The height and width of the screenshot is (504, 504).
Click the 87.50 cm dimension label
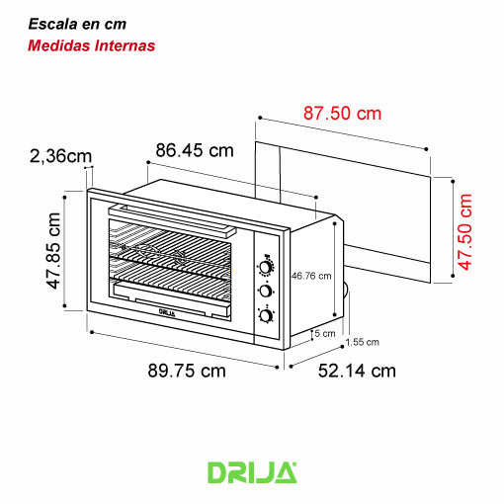342,114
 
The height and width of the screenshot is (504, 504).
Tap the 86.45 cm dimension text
195,150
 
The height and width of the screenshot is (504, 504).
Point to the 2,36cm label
61,155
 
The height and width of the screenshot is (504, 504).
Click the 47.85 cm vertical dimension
55,253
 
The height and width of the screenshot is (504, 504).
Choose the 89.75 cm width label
187,372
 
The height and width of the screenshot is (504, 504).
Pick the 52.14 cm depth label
357,372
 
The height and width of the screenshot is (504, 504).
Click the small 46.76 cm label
311,276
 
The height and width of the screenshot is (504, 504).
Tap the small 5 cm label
323,333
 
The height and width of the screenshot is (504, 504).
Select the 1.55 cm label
363,342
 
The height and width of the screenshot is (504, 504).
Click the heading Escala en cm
77,23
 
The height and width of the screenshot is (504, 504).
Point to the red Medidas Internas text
91,45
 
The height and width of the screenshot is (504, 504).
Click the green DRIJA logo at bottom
252,471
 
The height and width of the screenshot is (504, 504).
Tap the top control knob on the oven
266,267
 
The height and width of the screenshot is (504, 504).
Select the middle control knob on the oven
266,291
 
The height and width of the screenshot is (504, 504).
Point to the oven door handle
173,218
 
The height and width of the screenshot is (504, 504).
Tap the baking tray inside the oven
173,295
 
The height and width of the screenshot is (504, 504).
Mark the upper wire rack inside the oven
173,240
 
